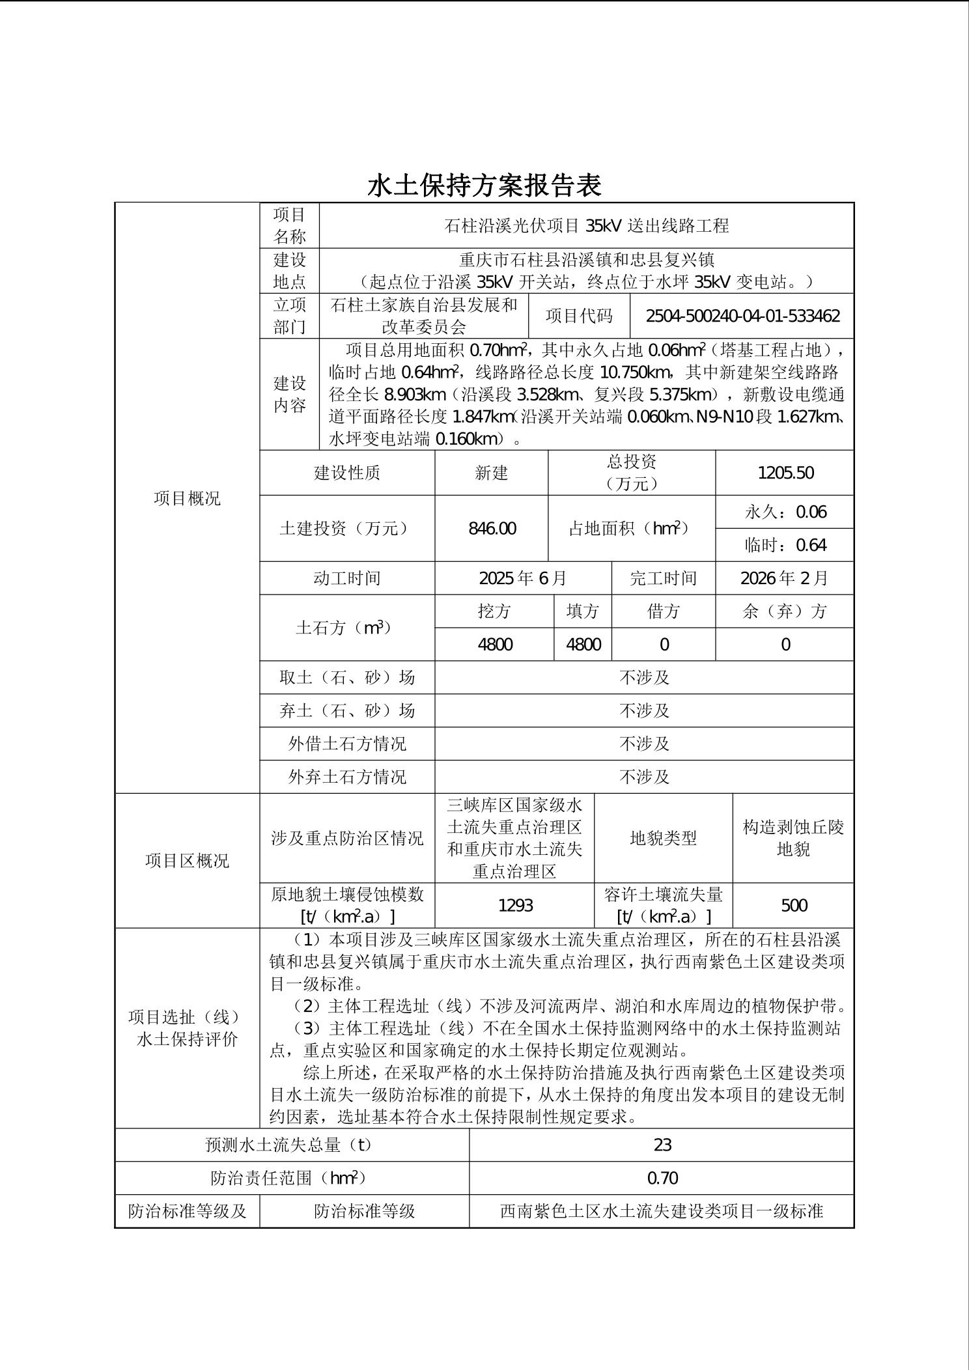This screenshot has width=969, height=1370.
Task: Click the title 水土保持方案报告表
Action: (x=484, y=186)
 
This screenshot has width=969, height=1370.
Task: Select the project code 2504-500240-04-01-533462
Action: (x=742, y=316)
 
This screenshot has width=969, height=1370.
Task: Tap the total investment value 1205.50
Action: (x=785, y=473)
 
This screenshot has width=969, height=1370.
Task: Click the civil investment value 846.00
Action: (x=492, y=528)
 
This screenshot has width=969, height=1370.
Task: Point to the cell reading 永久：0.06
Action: (x=785, y=512)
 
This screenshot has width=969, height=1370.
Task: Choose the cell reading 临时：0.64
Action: (x=785, y=545)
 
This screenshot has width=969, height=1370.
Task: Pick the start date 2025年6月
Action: (x=523, y=578)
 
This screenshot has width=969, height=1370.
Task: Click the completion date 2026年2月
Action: (x=785, y=578)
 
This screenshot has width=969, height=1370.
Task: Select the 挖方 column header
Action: (x=494, y=611)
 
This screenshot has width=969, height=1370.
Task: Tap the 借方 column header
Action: (x=664, y=611)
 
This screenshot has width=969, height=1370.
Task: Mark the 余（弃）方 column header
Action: (x=785, y=611)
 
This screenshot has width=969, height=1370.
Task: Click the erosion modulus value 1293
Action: (x=514, y=905)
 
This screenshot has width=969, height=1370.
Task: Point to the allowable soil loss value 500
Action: (x=793, y=905)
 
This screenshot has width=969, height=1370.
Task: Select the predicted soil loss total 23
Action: (x=662, y=1145)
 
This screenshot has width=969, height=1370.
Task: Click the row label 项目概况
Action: (x=187, y=498)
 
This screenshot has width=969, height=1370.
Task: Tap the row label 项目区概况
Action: (x=187, y=861)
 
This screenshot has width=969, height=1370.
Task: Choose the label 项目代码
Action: (x=579, y=316)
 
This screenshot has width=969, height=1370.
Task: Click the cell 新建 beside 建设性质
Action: (x=491, y=473)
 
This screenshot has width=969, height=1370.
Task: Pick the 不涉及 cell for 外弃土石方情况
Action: (x=644, y=777)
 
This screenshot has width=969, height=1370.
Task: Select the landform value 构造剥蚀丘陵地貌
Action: (x=793, y=838)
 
